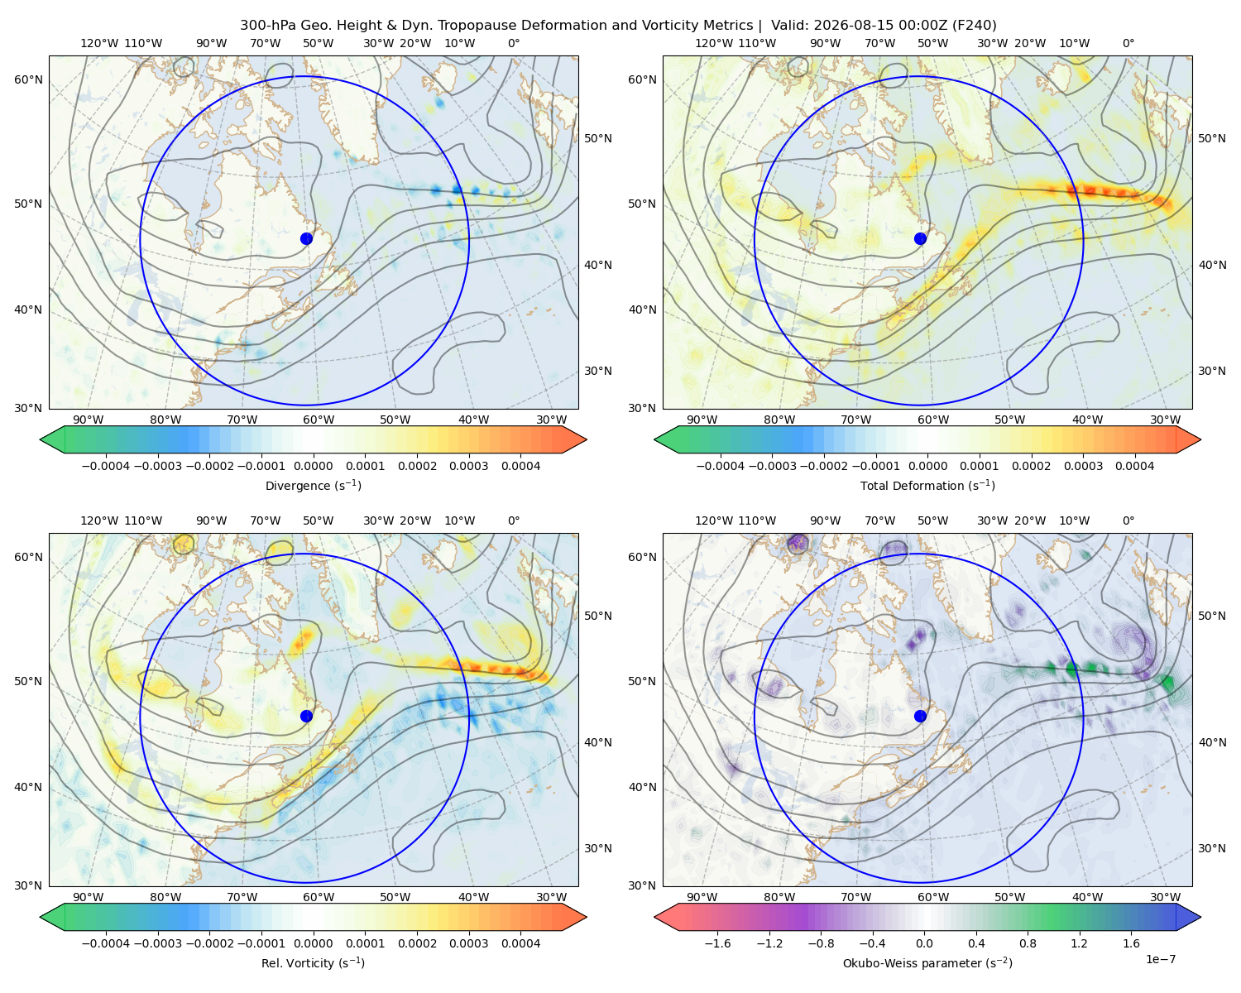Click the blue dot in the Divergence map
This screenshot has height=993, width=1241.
pos(306,239)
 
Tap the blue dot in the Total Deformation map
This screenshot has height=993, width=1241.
pos(920,239)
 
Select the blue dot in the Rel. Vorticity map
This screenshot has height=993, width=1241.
pos(306,716)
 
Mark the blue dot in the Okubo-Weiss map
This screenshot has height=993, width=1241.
pos(920,716)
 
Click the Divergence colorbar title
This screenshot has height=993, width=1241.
pos(313,486)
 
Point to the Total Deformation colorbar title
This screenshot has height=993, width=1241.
pos(927,486)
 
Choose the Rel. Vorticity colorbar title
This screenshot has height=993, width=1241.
pos(313,963)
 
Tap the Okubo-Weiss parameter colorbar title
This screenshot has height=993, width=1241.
pos(927,963)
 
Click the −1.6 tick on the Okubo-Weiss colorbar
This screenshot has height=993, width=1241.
pos(717,943)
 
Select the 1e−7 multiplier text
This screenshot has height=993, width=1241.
pos(1160,960)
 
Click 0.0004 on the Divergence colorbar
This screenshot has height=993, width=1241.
pos(520,466)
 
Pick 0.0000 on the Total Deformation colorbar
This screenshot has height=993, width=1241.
pos(928,466)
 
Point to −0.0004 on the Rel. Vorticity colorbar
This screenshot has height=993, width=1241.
pos(106,943)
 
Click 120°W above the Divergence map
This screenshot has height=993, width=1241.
pos(99,43)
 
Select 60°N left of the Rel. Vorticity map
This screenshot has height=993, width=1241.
pos(28,558)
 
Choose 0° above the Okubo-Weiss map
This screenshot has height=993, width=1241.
pos(1128,520)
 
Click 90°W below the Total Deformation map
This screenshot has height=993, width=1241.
pos(702,420)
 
